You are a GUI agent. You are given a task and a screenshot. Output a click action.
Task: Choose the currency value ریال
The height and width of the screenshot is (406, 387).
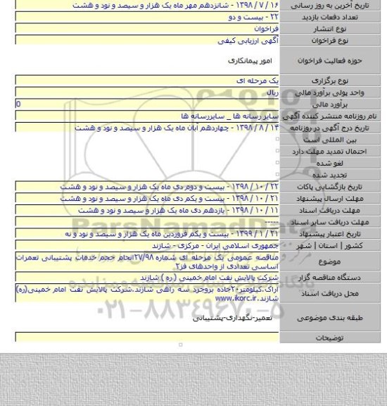pyautogui.click(x=274, y=93)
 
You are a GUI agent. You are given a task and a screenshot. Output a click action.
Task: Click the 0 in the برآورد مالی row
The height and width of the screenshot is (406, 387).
pyautogui.click(x=8, y=104)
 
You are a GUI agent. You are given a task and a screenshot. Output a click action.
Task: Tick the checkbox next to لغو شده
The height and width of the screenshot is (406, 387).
pyautogui.click(x=279, y=160)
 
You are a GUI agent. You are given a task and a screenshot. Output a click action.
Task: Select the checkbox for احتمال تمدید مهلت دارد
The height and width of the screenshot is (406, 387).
pyautogui.click(x=279, y=149)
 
